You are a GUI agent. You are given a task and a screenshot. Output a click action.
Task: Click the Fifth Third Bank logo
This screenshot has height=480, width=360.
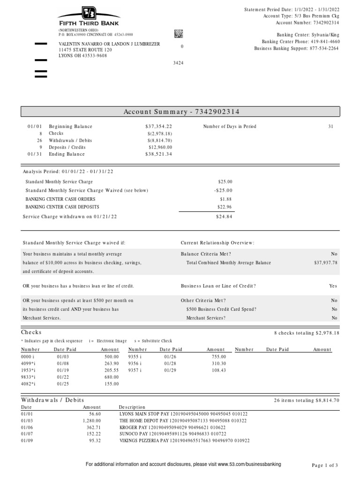tap(88, 17)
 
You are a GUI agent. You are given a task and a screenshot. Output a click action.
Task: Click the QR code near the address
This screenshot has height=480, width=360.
tap(179, 33)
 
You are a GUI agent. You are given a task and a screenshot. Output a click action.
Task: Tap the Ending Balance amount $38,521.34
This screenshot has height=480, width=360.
tap(158, 154)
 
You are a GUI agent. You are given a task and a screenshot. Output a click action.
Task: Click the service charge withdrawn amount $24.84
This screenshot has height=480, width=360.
tap(224, 217)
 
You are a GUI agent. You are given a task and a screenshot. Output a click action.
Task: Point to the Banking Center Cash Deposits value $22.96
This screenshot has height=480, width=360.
tap(225, 207)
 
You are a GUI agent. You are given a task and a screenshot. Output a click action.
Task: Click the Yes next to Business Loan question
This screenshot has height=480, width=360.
tap(333, 286)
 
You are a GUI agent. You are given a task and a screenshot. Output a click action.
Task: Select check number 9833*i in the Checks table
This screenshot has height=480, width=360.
tap(29, 377)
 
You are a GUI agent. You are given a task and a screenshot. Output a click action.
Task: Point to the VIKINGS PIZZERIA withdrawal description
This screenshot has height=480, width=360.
tap(184, 441)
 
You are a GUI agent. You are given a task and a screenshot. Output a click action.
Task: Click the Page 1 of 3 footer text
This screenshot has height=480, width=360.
tap(325, 465)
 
